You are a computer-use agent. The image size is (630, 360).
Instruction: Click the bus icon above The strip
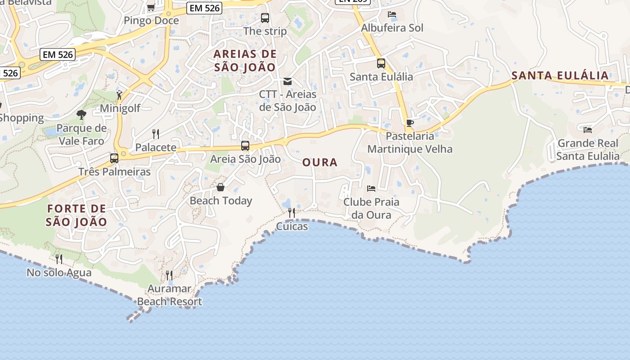(265, 18)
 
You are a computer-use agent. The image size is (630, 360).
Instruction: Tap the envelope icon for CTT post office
(287, 81)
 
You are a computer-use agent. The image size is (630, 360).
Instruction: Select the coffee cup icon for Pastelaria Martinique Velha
(409, 122)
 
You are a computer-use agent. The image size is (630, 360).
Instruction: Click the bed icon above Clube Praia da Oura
(371, 188)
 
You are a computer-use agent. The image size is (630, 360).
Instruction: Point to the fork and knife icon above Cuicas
(292, 212)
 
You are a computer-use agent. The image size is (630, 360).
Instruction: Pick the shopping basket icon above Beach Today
(220, 187)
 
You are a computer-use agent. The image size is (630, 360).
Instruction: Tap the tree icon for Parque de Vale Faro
(81, 115)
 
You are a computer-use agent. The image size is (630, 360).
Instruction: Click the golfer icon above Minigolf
(119, 95)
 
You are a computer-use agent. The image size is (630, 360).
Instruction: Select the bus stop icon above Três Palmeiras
(114, 158)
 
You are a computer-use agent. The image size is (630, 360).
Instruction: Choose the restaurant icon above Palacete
(156, 134)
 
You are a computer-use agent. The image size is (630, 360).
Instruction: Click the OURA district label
(320, 162)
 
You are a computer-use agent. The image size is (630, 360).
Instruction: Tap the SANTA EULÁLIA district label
(560, 76)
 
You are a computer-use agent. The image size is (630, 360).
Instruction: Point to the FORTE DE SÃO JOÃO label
(77, 215)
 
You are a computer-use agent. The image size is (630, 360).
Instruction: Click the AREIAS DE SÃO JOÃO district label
(245, 61)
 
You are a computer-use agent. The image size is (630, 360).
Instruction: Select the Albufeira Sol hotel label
(392, 28)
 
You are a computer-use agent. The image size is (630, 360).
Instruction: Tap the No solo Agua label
(59, 272)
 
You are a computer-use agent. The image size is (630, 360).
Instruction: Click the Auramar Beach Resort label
(170, 295)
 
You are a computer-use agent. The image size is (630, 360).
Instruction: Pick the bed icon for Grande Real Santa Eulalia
(588, 130)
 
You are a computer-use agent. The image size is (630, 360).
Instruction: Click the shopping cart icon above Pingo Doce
(151, 7)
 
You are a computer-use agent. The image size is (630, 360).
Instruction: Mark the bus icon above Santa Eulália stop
(381, 63)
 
